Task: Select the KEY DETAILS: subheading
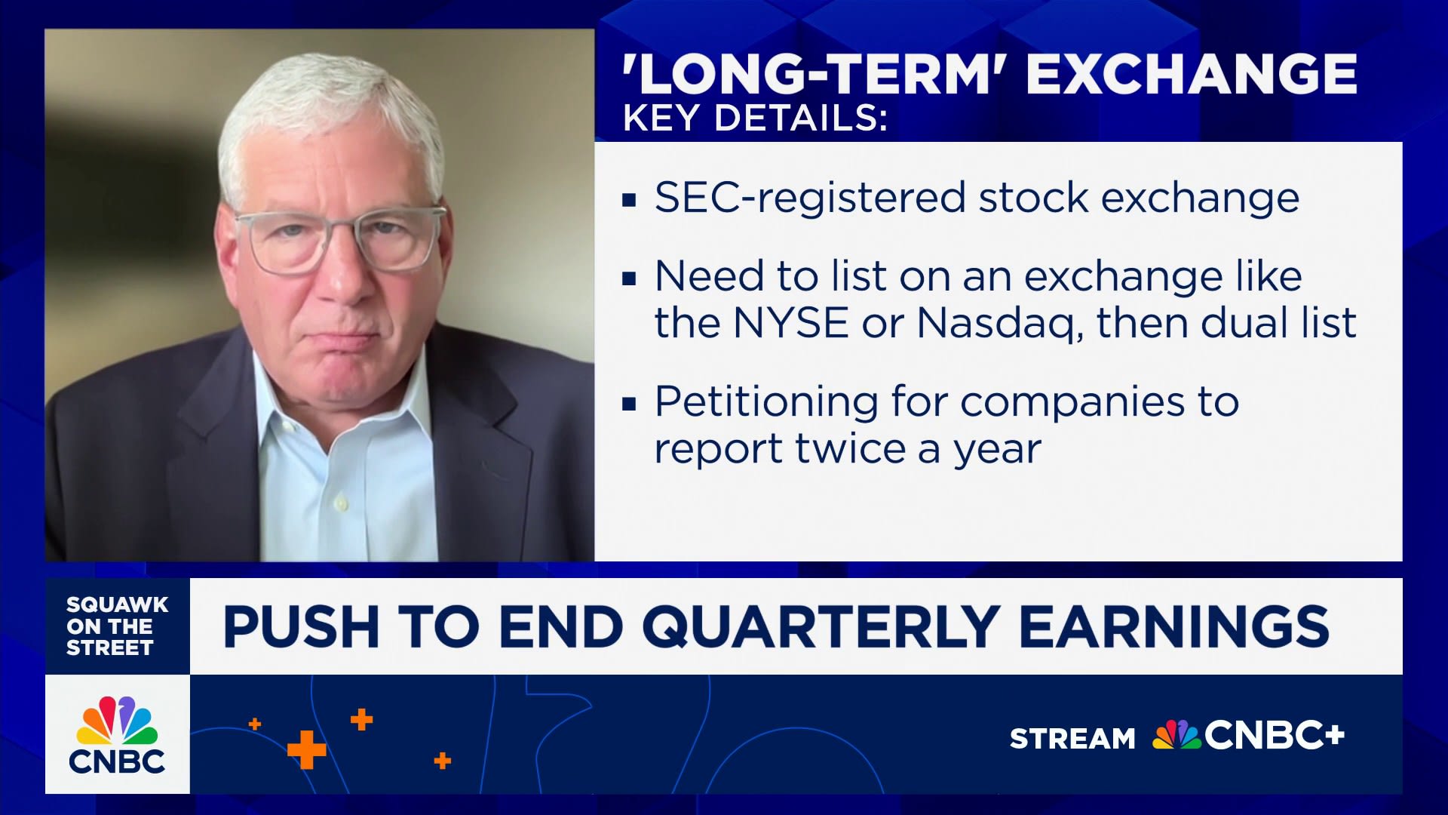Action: [755, 118]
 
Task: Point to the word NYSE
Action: [790, 323]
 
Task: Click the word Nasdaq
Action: [999, 323]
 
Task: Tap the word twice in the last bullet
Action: [850, 449]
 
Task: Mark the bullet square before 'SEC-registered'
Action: [629, 201]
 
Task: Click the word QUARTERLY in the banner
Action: [821, 626]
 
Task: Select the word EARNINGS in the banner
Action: [1173, 626]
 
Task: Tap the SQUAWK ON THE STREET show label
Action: [117, 626]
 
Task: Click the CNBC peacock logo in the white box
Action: [117, 734]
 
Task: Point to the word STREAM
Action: [1072, 738]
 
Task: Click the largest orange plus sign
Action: [306, 749]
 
